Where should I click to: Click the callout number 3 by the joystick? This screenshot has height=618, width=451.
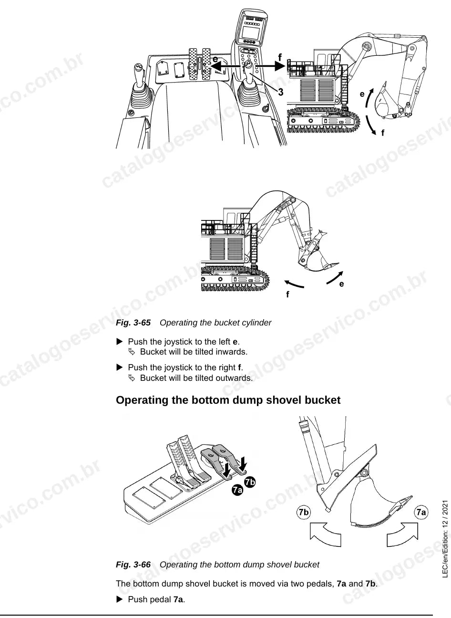pyautogui.click(x=280, y=92)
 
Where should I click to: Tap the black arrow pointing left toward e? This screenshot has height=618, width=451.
pyautogui.click(x=225, y=66)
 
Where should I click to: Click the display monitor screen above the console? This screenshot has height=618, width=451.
pyautogui.click(x=250, y=33)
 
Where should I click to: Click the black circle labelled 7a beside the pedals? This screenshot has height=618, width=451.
pyautogui.click(x=237, y=490)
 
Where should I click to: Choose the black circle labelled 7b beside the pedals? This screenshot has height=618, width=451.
pyautogui.click(x=250, y=482)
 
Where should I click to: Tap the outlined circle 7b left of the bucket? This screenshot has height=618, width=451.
pyautogui.click(x=304, y=512)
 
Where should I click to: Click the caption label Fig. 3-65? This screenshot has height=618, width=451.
pyautogui.click(x=133, y=323)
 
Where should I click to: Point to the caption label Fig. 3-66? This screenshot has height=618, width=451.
pyautogui.click(x=133, y=565)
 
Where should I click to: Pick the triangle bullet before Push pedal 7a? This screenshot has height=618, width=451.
pyautogui.click(x=119, y=599)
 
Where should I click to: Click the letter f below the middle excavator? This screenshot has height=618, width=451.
pyautogui.click(x=287, y=294)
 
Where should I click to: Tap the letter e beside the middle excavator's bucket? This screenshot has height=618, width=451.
pyautogui.click(x=341, y=284)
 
